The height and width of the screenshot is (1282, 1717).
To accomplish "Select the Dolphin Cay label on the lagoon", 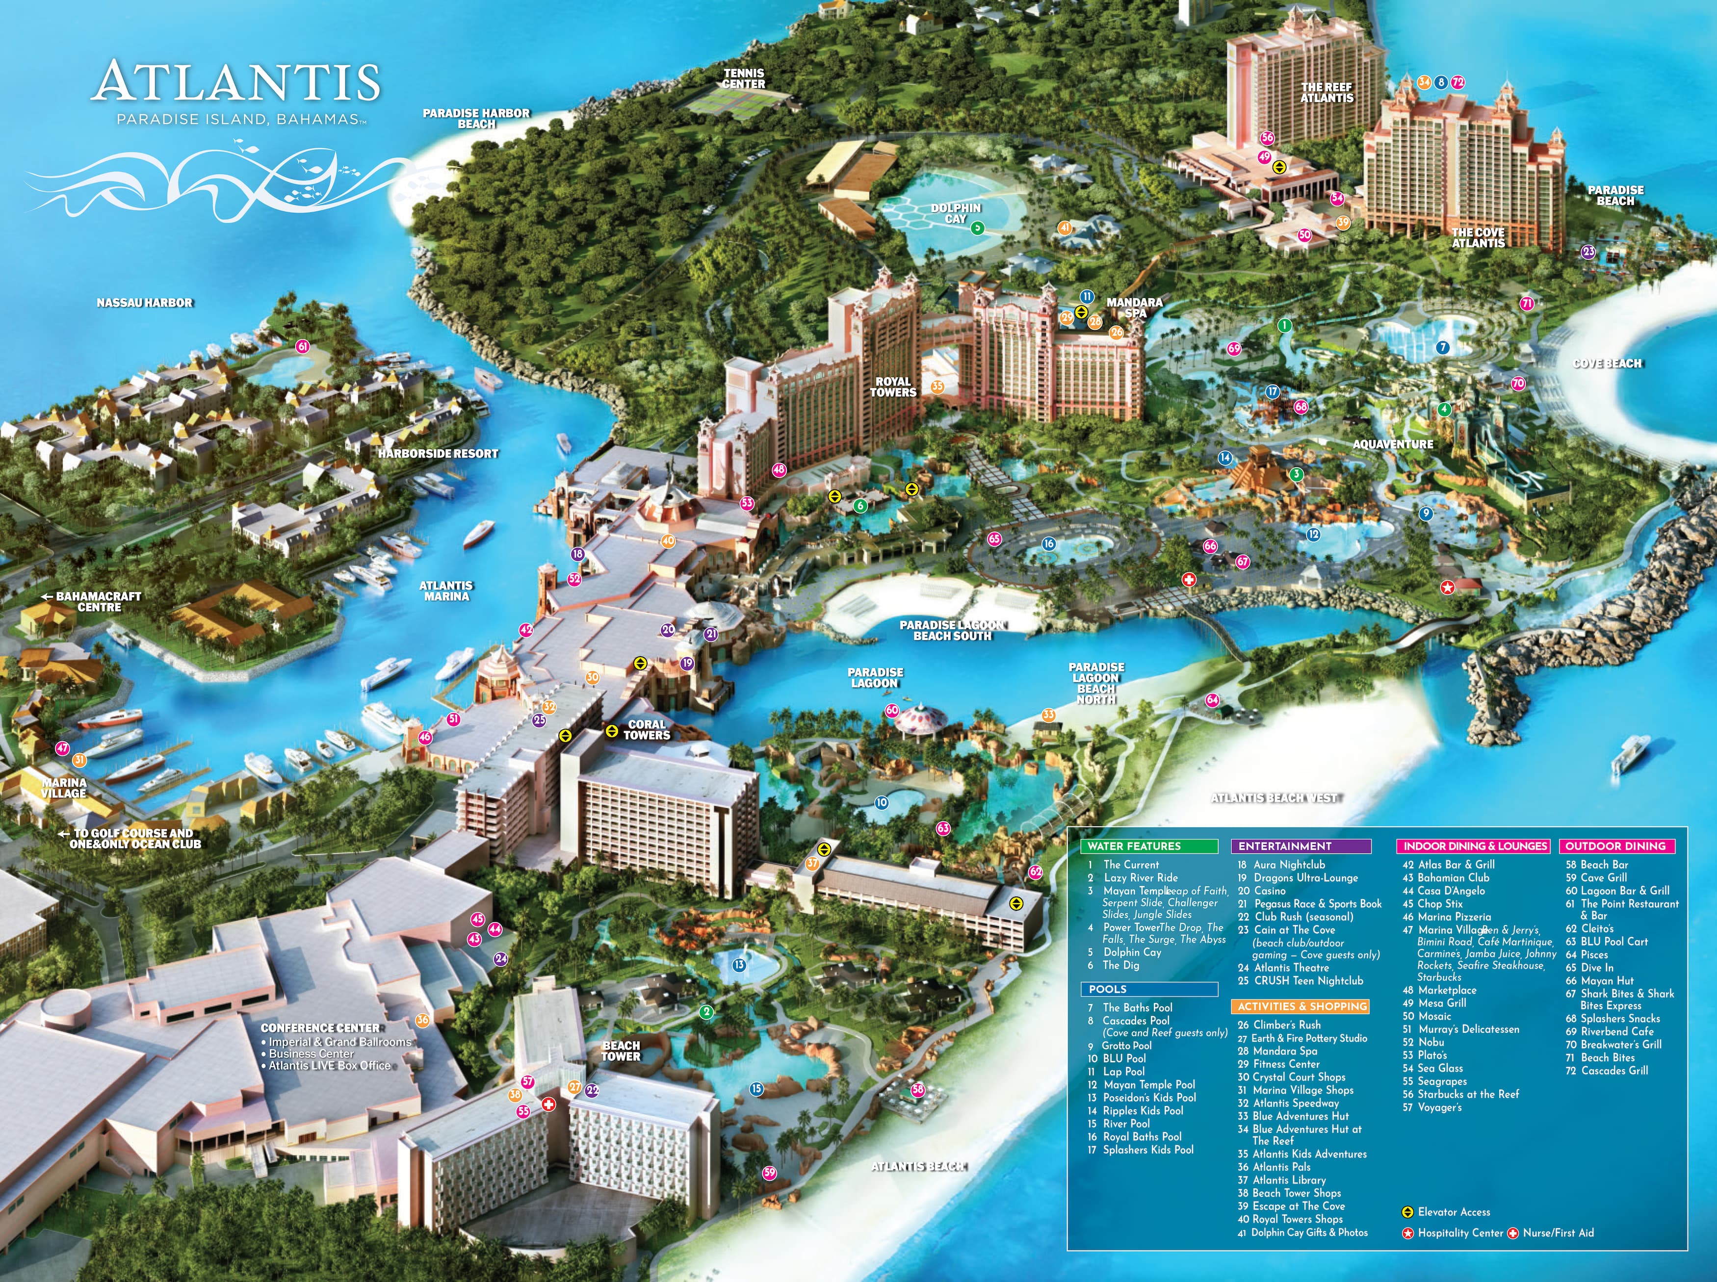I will pyautogui.click(x=956, y=213).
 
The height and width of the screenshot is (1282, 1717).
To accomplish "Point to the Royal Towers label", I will pyautogui.click(x=893, y=386).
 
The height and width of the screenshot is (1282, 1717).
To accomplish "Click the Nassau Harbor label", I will pyautogui.click(x=144, y=303).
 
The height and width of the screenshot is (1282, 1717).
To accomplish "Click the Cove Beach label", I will pyautogui.click(x=1607, y=363).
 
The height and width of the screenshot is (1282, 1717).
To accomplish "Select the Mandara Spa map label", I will pyautogui.click(x=1134, y=308).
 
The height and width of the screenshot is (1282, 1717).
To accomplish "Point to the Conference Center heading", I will pyautogui.click(x=320, y=1027).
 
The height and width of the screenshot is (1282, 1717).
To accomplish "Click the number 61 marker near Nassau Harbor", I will pyautogui.click(x=302, y=347).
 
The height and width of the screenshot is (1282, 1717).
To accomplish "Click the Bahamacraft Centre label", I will pyautogui.click(x=99, y=601).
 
